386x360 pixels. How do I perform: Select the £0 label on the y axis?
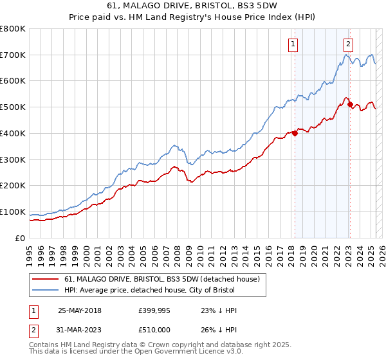tap(19, 238)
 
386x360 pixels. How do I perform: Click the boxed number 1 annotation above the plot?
tap(293, 44)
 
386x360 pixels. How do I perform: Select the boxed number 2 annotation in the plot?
tap(348, 44)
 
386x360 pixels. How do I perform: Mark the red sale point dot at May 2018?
tap(295, 133)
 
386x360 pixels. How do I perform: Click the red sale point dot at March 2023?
tap(350, 105)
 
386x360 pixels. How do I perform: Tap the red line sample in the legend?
tap(46, 279)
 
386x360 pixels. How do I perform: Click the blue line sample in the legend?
tap(46, 290)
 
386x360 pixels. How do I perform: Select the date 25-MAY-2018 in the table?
tap(80, 310)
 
